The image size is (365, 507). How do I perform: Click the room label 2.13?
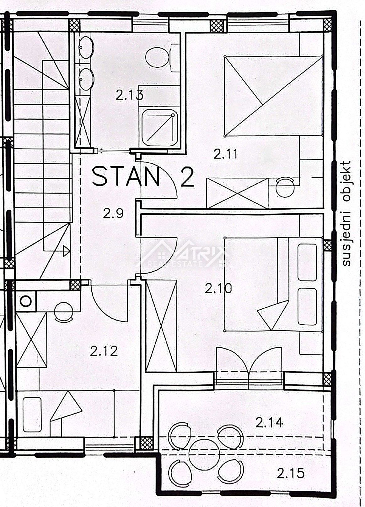(x=129, y=95)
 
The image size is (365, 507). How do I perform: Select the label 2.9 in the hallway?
(x=113, y=213)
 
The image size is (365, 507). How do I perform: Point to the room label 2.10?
(x=218, y=289)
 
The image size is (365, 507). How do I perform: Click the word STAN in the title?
(x=126, y=176)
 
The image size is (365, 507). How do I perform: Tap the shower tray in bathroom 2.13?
(x=160, y=128)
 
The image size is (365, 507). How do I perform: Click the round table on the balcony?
(x=204, y=455)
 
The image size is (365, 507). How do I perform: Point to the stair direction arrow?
(x=66, y=251)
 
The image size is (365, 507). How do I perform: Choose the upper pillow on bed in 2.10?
(x=307, y=262)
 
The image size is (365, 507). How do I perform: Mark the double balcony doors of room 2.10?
(x=249, y=360)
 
